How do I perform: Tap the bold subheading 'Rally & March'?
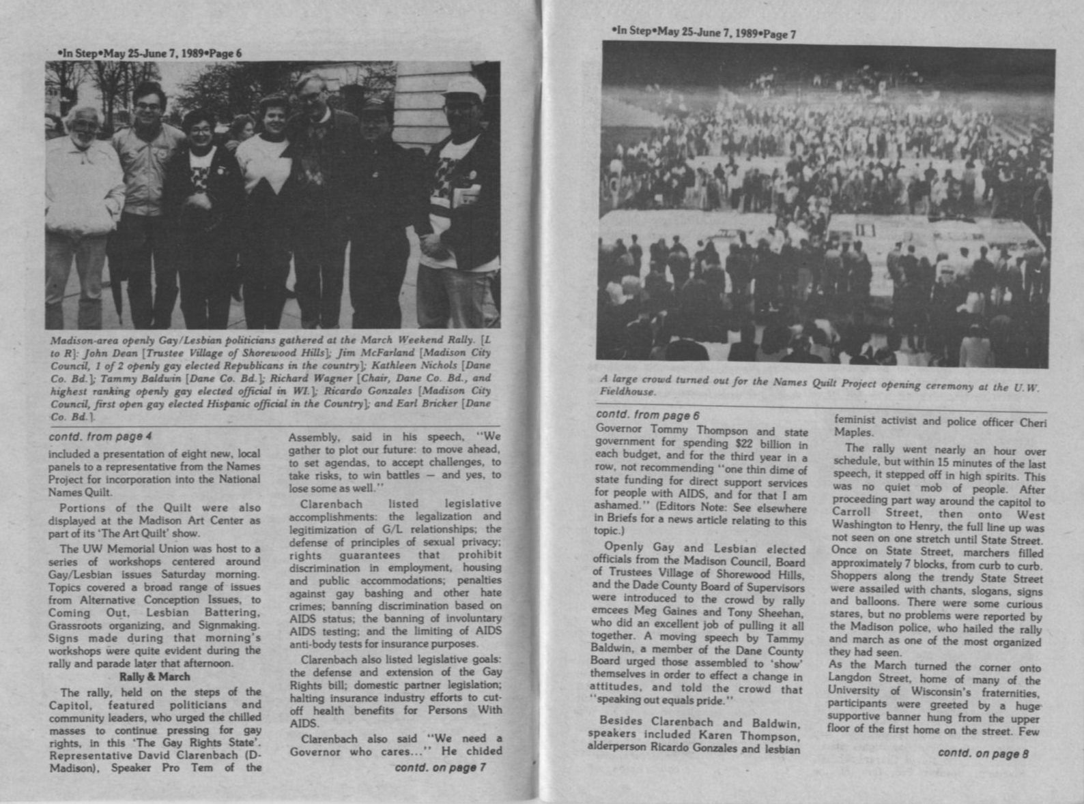pos(154,677)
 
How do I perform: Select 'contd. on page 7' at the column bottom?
pos(440,767)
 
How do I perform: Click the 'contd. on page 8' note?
pos(983,753)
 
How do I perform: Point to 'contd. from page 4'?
pos(100,436)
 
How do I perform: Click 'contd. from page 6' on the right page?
pos(648,415)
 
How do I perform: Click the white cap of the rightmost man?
pos(463,88)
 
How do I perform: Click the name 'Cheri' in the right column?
pos(1032,422)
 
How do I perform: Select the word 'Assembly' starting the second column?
pos(311,437)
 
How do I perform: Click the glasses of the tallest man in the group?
pos(312,98)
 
